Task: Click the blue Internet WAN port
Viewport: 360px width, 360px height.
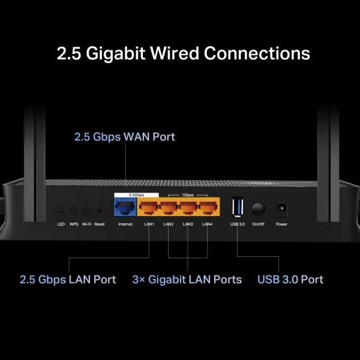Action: click(125, 208)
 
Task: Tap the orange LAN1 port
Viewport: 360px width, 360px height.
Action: click(149, 208)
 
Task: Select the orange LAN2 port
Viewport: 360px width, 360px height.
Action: click(169, 208)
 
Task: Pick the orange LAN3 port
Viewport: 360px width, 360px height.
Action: click(188, 208)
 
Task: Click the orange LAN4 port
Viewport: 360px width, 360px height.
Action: click(207, 208)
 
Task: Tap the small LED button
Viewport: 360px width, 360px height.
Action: click(61, 211)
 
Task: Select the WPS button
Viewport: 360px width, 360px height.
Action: click(74, 211)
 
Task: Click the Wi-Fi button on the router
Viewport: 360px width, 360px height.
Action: click(86, 211)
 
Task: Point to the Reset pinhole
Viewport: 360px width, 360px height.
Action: click(99, 211)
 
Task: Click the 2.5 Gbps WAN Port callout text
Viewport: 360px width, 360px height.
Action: click(125, 137)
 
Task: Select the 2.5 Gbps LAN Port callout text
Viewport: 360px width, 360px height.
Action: click(68, 280)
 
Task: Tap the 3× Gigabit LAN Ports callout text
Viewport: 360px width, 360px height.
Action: click(187, 280)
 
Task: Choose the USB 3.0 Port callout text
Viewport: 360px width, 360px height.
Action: click(290, 280)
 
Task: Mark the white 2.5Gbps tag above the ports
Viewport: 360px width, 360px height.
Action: click(136, 195)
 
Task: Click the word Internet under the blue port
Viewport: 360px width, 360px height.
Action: click(125, 224)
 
